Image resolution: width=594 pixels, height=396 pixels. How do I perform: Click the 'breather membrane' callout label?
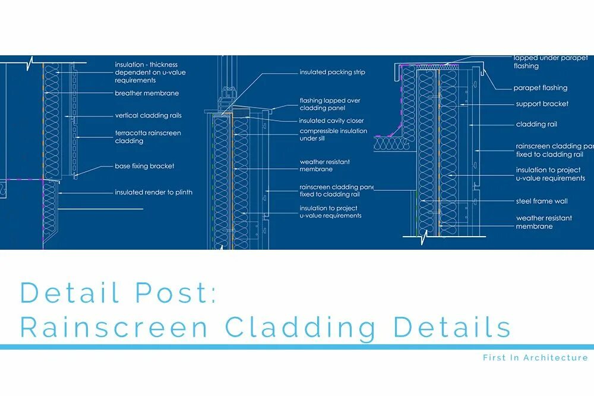pyautogui.click(x=147, y=93)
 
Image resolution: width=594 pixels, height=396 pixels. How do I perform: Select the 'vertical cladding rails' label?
pyautogui.click(x=148, y=115)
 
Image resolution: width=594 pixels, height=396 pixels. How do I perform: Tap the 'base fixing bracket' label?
pyautogui.click(x=144, y=166)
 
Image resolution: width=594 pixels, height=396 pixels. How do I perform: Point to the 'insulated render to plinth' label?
pyautogui.click(x=153, y=193)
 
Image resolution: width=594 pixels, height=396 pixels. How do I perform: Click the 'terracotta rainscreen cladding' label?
pyautogui.click(x=148, y=137)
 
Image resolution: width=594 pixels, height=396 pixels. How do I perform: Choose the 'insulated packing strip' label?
pyautogui.click(x=332, y=73)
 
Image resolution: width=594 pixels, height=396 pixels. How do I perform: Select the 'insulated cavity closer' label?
pyautogui.click(x=331, y=121)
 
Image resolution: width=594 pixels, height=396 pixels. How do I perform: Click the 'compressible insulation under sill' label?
pyautogui.click(x=333, y=135)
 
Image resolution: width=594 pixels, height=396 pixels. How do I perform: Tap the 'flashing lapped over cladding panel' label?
pyautogui.click(x=330, y=105)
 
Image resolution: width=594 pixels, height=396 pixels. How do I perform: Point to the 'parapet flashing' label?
pyautogui.click(x=540, y=88)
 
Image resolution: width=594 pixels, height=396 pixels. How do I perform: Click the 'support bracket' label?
pyautogui.click(x=542, y=104)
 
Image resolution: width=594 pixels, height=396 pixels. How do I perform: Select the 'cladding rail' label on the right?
pyautogui.click(x=536, y=125)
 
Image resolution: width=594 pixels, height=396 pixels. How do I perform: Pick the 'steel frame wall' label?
pyautogui.click(x=542, y=202)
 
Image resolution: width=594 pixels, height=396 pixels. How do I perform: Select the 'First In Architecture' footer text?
pyautogui.click(x=535, y=357)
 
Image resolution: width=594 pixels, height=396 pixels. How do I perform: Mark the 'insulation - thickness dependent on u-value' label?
pyautogui.click(x=146, y=73)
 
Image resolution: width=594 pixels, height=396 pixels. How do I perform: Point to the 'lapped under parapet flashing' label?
pyautogui.click(x=552, y=62)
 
